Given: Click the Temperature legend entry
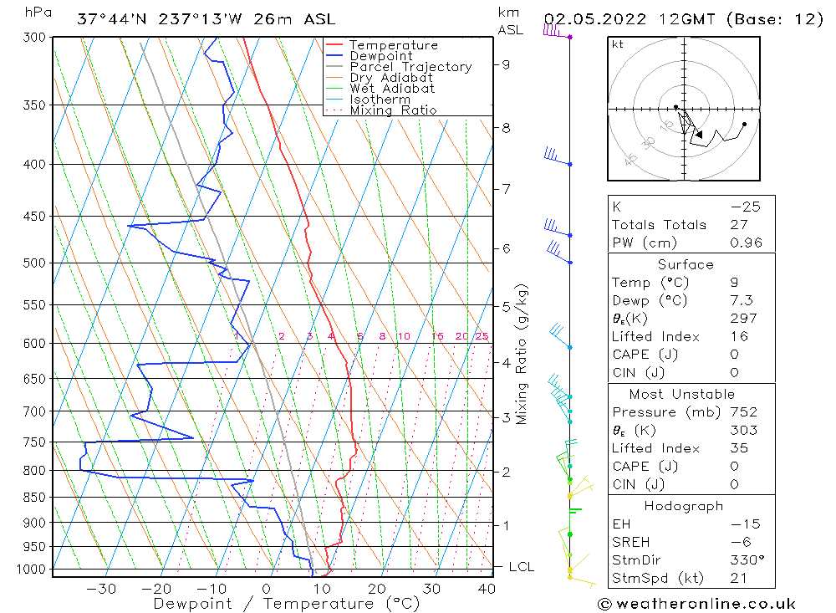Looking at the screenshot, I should [x=393, y=45].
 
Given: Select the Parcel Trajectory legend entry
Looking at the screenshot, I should [x=410, y=67].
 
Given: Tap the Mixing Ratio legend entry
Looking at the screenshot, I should [x=393, y=110].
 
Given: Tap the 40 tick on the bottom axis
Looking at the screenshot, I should [x=485, y=589].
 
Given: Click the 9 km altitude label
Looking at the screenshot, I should [x=507, y=64].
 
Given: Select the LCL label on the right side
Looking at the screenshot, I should [x=521, y=567].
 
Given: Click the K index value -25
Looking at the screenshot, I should [x=744, y=207].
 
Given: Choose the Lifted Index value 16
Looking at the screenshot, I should [x=737, y=336].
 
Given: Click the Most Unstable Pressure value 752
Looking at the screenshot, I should [x=743, y=412].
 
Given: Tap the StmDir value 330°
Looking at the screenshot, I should [x=742, y=560].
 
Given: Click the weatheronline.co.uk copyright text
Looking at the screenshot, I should [x=696, y=604].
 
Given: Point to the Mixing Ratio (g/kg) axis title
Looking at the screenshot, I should [x=522, y=354].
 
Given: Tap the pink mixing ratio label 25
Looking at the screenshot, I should [x=482, y=336].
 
